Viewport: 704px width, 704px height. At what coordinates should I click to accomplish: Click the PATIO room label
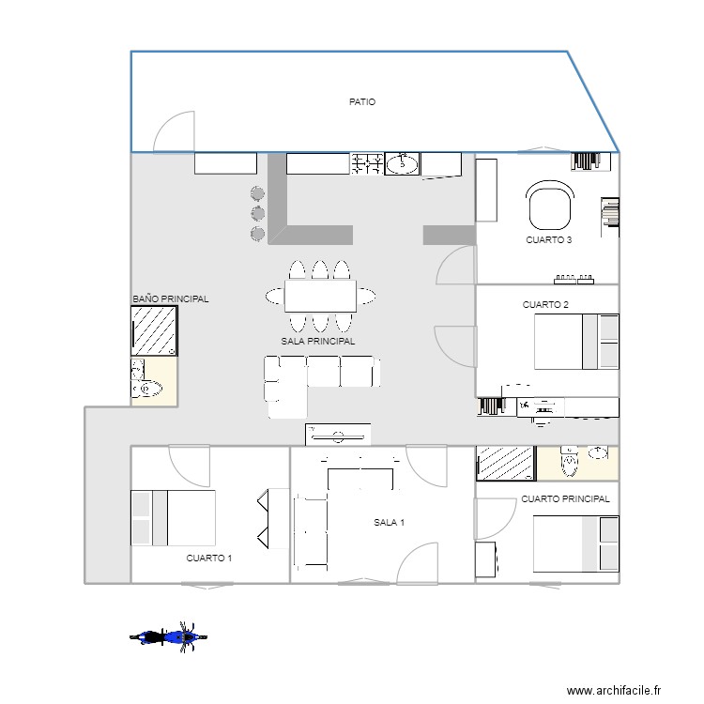[x=362, y=102]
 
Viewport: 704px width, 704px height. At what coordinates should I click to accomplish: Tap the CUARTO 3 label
[x=549, y=240]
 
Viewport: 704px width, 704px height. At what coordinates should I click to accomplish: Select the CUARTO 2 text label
[x=545, y=305]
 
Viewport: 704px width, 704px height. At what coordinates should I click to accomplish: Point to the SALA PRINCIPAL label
[x=318, y=343]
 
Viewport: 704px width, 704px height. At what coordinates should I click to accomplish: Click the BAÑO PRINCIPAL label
[x=171, y=299]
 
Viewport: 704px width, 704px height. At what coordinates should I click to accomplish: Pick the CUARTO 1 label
[x=208, y=558]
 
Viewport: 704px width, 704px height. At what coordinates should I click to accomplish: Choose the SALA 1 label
[x=389, y=523]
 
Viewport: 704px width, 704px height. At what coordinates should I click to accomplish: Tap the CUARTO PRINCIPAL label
[x=565, y=499]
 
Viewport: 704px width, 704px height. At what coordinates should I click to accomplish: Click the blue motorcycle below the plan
[x=168, y=637]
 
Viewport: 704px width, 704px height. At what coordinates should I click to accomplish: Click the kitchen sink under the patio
[x=403, y=164]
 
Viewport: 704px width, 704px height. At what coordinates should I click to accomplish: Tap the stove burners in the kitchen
[x=367, y=164]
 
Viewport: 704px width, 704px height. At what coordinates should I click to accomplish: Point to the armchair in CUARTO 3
[x=550, y=206]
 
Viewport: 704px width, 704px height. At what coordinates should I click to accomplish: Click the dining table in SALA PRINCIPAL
[x=320, y=298]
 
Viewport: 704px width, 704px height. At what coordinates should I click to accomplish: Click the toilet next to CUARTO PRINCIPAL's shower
[x=570, y=464]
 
